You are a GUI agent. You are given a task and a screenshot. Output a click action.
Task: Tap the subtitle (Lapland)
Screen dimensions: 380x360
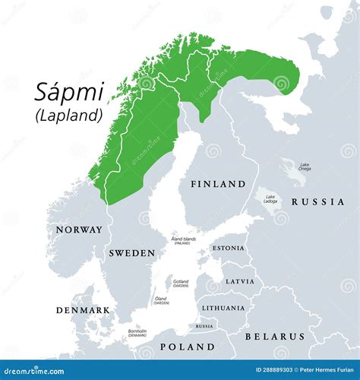coord(68,116)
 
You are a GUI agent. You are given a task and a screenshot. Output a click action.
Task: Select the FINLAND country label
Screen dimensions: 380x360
coord(218,184)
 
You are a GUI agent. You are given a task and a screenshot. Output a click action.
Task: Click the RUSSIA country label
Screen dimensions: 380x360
coord(317,202)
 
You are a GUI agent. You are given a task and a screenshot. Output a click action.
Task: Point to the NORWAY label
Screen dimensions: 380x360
coord(78,230)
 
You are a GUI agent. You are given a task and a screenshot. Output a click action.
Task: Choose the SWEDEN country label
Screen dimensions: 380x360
coord(131,252)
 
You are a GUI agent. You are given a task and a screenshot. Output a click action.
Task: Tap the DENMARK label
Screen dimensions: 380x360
coord(83,310)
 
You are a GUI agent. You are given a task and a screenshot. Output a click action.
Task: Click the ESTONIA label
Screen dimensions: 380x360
coord(228,248)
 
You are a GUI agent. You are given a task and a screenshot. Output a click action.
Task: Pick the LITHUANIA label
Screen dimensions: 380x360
coord(223,308)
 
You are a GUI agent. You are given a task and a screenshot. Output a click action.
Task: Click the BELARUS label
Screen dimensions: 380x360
coord(274,336)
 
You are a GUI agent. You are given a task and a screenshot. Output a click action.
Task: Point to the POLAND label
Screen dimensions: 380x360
coord(187,347)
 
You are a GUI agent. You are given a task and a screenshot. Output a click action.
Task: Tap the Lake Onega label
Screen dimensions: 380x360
coord(304,166)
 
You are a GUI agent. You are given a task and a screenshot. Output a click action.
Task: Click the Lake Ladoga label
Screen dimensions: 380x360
coord(270,199)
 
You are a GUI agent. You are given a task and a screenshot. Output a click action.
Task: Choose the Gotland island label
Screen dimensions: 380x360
coord(181,283)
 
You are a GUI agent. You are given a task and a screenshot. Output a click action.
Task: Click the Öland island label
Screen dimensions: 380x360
coord(160,300)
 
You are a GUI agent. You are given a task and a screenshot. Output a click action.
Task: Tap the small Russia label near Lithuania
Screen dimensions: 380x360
coord(204,326)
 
